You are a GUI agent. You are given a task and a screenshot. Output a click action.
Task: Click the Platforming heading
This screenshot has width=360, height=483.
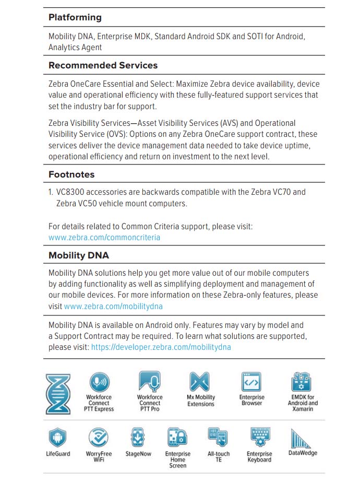[x=75, y=17]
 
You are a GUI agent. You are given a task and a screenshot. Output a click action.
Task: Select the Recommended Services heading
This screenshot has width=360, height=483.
[x=103, y=65]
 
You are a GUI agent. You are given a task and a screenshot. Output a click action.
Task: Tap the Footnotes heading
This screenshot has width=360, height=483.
[x=71, y=174]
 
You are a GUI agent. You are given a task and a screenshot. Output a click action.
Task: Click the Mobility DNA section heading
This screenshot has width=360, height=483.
[x=78, y=255]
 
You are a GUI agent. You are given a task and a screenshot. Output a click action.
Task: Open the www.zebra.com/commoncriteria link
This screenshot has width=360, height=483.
[x=104, y=237]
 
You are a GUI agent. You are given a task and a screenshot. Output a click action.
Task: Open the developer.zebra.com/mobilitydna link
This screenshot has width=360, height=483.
[x=161, y=347]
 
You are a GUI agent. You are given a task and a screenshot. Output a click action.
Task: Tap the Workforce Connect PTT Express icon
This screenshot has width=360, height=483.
[x=99, y=382]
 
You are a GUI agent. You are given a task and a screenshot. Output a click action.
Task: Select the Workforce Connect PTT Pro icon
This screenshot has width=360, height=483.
[x=149, y=382]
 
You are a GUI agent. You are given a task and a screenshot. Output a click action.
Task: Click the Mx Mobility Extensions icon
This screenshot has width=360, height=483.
[x=200, y=382]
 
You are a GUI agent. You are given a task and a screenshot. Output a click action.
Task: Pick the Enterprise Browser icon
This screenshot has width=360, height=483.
[x=251, y=382]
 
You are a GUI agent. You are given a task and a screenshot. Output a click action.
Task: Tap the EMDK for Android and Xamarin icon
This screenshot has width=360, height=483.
[x=303, y=382]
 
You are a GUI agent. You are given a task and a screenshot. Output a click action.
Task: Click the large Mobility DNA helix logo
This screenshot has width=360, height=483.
[x=58, y=394]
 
